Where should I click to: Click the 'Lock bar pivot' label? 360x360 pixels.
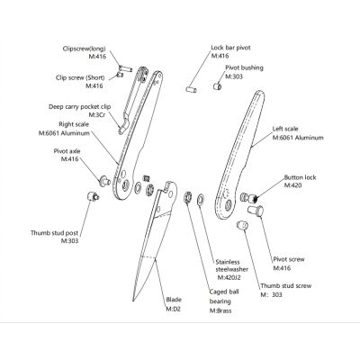[230, 48]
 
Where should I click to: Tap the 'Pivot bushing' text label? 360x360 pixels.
[244, 67]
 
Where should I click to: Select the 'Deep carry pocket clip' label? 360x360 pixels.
[80, 107]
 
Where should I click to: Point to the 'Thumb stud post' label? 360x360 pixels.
[54, 233]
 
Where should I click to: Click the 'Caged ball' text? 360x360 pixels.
[224, 292]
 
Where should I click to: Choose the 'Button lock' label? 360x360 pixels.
[300, 177]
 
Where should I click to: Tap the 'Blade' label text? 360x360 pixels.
[174, 300]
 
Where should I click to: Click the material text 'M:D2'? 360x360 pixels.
[173, 309]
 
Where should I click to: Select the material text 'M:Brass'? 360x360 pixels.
[220, 310]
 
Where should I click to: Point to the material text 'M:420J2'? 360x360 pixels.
[229, 277]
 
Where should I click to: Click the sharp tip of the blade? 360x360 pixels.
[133, 301]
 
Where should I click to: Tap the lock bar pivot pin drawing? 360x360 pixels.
[191, 89]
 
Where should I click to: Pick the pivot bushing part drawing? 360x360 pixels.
[218, 86]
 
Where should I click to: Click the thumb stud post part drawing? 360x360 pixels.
[93, 196]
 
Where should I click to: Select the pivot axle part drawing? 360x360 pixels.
[104, 181]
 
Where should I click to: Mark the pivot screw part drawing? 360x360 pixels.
[256, 211]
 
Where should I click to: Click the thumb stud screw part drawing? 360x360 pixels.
[242, 225]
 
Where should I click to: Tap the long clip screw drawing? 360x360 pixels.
[125, 68]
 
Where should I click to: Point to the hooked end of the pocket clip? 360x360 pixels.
[122, 129]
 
